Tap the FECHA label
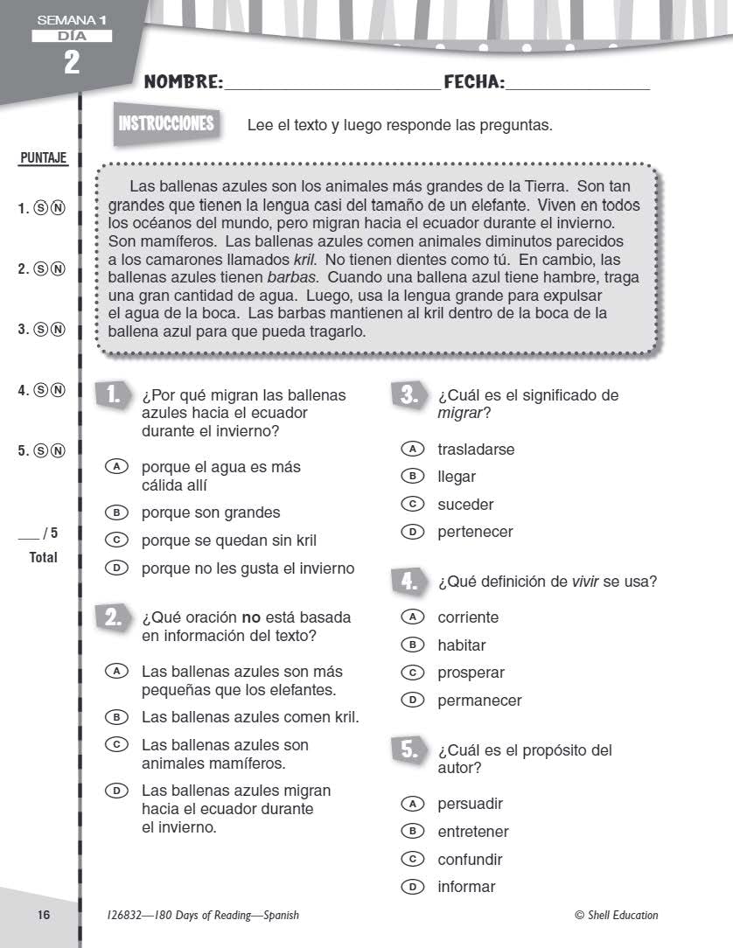pyautogui.click(x=474, y=83)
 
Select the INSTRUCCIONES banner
pyautogui.click(x=166, y=123)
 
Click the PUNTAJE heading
pyautogui.click(x=42, y=160)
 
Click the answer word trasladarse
pyautogui.click(x=476, y=450)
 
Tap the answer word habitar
pyautogui.click(x=462, y=645)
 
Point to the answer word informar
pyautogui.click(x=466, y=887)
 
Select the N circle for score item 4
pyautogui.click(x=58, y=391)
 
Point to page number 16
pyautogui.click(x=45, y=915)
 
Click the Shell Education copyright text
pyautogui.click(x=616, y=916)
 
